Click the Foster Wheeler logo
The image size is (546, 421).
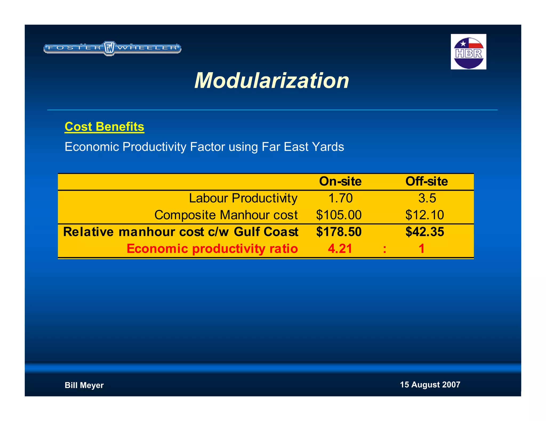coord(112,48)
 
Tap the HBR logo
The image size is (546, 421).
coord(468,52)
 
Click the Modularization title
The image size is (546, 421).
coord(272,80)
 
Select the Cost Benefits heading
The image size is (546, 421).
coord(104,127)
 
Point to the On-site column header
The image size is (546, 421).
coord(340,181)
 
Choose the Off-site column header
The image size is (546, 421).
coord(427,181)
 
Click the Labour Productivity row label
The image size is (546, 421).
coord(243,198)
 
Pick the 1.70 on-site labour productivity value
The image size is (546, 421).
coord(340,198)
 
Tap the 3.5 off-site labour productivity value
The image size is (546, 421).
coord(427,198)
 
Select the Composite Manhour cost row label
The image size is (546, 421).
coord(226,215)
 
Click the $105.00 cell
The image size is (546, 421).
coord(339,215)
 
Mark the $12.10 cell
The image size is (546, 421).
coord(424,215)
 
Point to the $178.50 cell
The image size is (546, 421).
coord(339,232)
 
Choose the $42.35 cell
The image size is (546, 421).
coord(424,232)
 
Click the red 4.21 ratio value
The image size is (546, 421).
coord(340,249)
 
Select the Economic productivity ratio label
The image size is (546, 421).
coord(212,249)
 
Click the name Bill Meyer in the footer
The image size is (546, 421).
coord(84,385)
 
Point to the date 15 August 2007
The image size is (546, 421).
coord(430,385)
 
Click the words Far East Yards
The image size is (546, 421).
coord(303,147)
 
